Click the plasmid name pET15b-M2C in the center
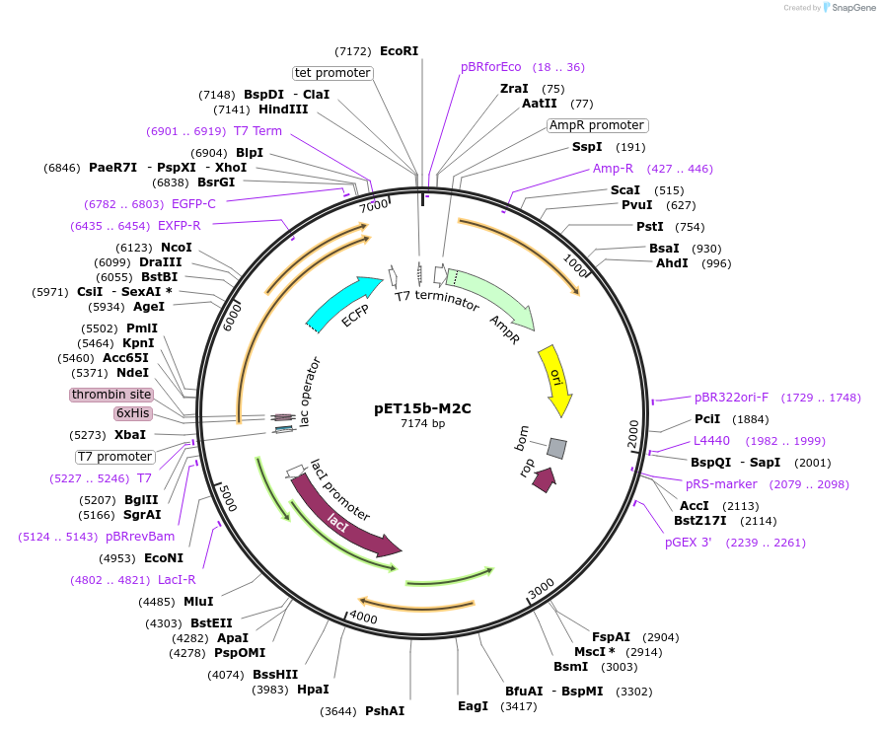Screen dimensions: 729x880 422,407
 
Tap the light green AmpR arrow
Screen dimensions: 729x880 493,300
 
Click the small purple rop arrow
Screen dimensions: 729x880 543,479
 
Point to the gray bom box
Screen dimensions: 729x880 556,449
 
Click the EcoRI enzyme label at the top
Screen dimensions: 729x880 399,50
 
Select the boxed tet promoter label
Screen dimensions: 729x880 332,73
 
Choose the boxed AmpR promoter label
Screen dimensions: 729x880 597,125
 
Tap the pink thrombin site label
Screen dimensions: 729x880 111,395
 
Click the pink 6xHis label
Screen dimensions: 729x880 132,413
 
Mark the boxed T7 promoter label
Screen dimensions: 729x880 115,457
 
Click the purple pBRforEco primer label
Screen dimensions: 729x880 490,67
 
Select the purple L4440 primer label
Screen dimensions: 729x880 711,441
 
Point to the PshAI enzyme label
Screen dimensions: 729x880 385,710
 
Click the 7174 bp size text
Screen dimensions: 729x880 422,423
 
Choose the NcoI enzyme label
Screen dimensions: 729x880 177,248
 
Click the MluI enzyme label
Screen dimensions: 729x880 198,602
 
